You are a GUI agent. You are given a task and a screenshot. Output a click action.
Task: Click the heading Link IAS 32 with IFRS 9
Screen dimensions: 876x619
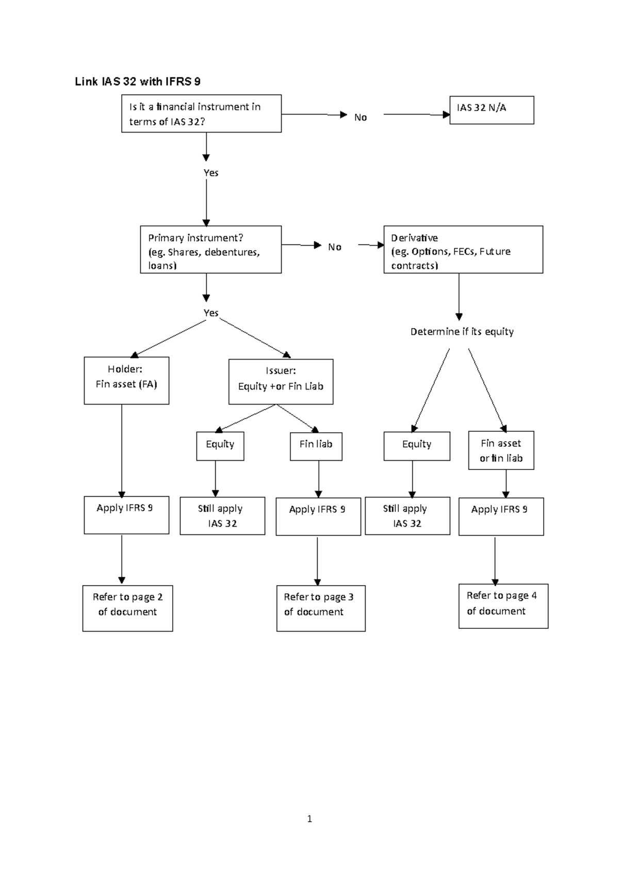point(138,82)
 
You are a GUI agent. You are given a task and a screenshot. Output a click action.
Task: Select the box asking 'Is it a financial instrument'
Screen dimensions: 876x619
point(201,113)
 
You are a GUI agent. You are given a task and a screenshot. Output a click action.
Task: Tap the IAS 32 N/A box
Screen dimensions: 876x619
point(492,110)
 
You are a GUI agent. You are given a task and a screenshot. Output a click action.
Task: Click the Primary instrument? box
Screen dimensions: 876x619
point(210,250)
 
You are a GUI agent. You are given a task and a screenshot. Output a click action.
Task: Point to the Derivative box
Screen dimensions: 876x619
point(463,250)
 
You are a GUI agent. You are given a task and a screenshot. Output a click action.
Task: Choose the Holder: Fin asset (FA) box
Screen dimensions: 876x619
point(126,381)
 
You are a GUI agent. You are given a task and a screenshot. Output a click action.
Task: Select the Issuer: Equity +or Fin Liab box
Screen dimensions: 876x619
point(281,382)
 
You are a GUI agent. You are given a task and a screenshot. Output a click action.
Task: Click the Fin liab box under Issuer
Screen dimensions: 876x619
point(316,446)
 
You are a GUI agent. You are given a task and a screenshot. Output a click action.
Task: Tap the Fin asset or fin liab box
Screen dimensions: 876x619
point(501,450)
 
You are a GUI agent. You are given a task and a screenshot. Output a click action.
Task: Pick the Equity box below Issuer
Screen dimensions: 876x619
point(220,446)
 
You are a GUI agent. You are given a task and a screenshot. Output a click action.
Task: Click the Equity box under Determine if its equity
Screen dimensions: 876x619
point(416,446)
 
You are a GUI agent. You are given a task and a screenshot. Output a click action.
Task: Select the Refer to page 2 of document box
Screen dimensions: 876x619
point(127,608)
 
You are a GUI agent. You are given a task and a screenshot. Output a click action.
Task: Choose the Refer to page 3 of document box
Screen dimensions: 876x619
point(320,608)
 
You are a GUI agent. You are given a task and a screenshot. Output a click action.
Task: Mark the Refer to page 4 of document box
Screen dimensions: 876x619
point(503,606)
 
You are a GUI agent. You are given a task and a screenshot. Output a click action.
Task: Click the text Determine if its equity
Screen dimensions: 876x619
point(462,332)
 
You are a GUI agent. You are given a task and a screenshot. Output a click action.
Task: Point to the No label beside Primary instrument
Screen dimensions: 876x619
point(334,247)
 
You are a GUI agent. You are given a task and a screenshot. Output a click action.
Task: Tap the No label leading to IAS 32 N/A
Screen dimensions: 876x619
point(360,118)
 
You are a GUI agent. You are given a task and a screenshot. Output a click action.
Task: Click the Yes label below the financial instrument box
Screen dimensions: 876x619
point(210,173)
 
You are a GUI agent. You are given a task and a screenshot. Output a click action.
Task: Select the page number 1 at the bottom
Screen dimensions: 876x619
point(309,819)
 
